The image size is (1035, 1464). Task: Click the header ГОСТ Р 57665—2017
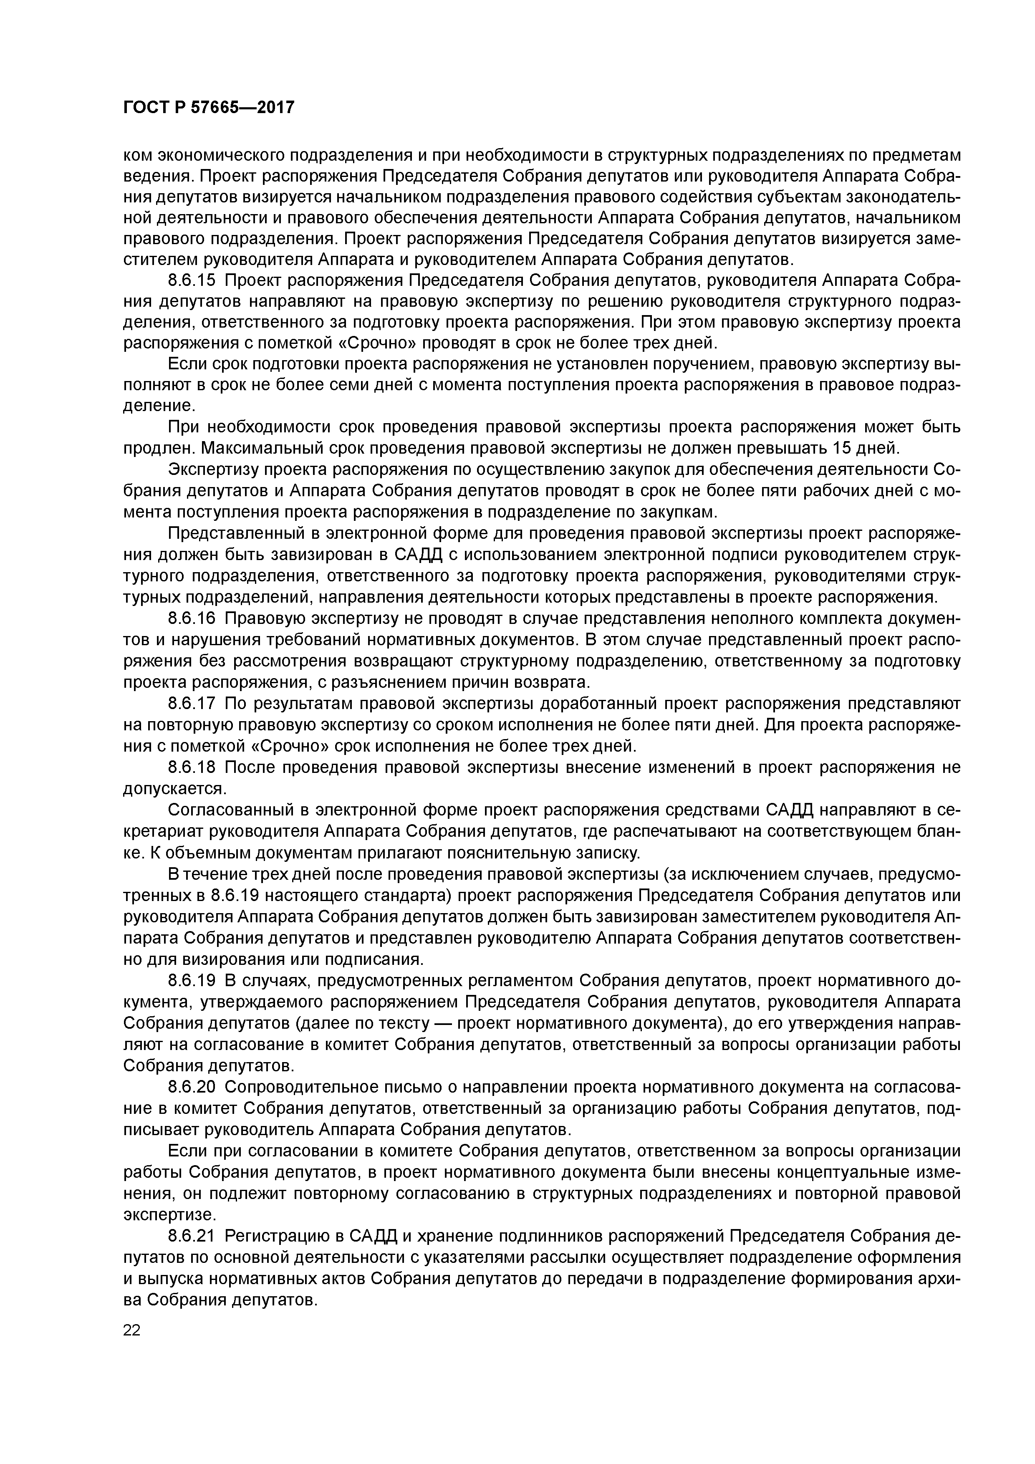(209, 107)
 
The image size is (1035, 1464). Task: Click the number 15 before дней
(845, 448)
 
